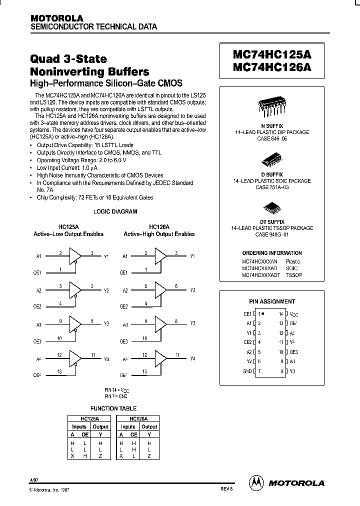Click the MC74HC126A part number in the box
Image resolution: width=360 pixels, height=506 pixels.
(272, 68)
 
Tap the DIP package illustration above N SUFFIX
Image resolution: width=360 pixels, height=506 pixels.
(272, 105)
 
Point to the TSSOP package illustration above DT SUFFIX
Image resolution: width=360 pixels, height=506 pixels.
(272, 207)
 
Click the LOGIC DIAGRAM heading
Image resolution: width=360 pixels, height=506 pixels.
(115, 211)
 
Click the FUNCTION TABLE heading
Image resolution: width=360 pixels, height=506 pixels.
(113, 408)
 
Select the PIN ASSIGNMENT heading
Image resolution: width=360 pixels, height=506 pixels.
(272, 301)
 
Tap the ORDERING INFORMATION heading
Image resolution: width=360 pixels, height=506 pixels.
(272, 253)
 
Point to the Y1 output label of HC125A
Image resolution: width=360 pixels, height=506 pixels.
(106, 256)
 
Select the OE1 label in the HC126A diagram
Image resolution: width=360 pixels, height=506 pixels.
(123, 273)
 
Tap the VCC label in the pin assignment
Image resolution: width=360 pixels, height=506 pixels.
(294, 314)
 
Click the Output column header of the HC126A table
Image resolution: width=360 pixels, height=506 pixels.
(149, 426)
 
